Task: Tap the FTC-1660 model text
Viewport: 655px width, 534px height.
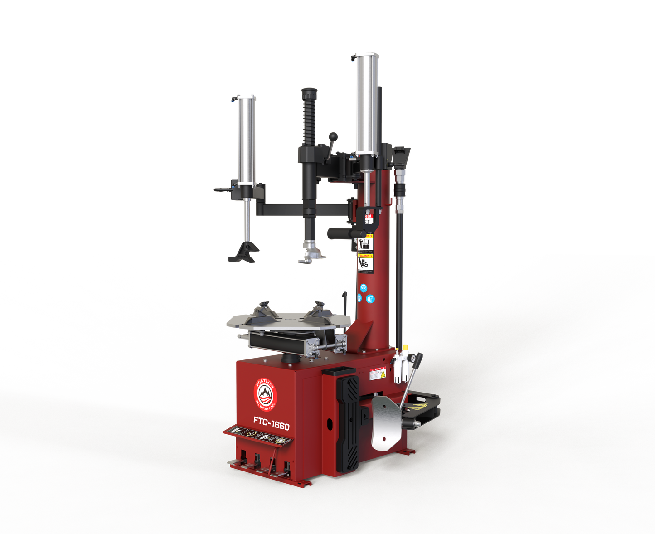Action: (x=271, y=424)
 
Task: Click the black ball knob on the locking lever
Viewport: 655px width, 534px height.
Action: (x=334, y=136)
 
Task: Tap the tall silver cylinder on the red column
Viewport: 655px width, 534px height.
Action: (x=367, y=104)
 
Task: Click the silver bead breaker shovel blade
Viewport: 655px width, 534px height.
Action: (x=385, y=422)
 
